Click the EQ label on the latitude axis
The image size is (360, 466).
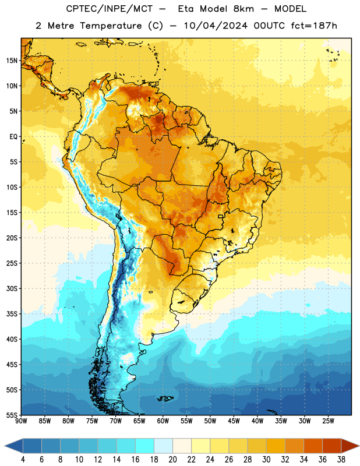coord(13,137)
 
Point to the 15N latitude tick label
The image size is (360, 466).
coord(12,61)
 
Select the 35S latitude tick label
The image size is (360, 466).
coord(12,314)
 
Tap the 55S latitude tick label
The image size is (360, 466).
coord(12,415)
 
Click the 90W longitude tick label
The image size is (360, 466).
coord(21,421)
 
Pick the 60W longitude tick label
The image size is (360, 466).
coord(163,421)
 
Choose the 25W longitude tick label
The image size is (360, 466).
coord(328,421)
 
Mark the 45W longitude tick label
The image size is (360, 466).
coord(234,421)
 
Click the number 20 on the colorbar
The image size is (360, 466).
coord(172,460)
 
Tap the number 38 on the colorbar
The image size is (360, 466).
coord(341,460)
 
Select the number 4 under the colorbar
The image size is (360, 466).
coord(23,460)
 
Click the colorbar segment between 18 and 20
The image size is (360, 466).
coord(164,446)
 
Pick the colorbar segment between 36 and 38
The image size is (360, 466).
coord(332,446)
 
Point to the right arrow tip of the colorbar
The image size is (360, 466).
coord(359,446)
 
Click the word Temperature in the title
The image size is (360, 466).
coord(111,26)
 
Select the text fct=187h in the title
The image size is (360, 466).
coord(314,26)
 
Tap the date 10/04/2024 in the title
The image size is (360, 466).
coord(216,26)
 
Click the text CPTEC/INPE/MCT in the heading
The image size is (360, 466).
coord(110,9)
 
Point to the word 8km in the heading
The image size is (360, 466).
coord(243,9)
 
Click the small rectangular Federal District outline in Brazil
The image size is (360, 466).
coord(221,216)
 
